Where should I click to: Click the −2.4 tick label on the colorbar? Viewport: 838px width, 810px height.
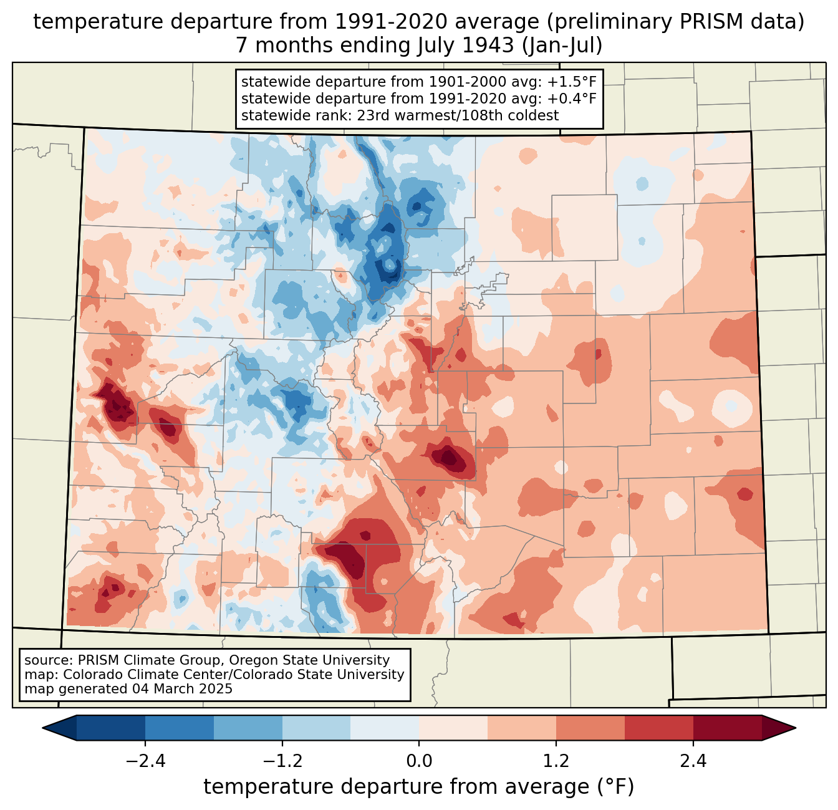145,761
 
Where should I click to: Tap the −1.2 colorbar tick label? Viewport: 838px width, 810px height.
282,761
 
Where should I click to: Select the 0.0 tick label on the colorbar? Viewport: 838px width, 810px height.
419,761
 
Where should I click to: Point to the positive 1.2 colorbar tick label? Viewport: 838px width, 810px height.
556,761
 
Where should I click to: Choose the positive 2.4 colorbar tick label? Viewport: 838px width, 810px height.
693,761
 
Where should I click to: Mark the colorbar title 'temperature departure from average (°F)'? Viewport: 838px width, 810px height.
419,787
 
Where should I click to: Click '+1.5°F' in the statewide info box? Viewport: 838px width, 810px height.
572,82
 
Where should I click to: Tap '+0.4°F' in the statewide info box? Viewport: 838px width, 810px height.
572,99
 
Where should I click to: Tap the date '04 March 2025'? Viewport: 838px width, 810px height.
182,689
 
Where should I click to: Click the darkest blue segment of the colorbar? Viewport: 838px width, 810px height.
111,728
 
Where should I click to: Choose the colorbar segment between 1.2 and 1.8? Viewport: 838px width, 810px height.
590,728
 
